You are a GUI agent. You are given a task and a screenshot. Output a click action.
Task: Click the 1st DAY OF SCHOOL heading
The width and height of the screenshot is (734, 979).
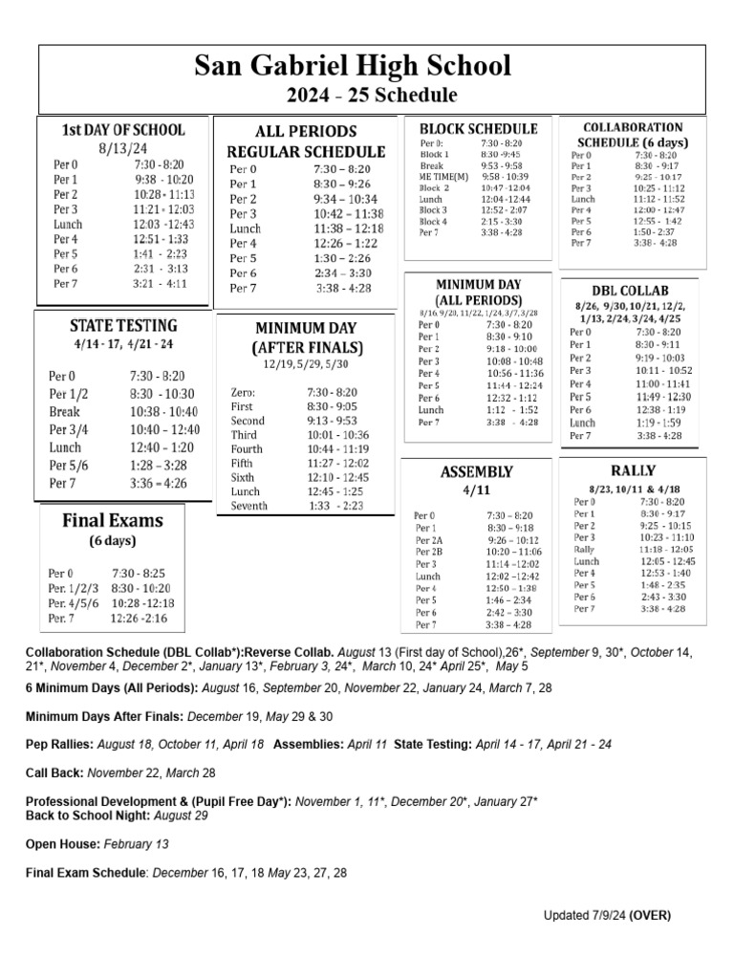(123, 130)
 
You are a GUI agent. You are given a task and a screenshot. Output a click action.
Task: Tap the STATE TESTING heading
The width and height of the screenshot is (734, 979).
(124, 325)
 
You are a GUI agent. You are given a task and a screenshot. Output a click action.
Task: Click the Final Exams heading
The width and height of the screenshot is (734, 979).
(113, 521)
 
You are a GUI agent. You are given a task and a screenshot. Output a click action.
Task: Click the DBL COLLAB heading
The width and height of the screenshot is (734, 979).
(630, 290)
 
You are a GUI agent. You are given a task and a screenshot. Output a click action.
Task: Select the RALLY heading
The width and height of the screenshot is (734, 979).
(632, 471)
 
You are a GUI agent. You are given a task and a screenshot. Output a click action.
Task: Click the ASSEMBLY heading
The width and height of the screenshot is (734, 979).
(476, 472)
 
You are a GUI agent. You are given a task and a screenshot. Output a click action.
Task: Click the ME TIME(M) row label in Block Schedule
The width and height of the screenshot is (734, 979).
(444, 177)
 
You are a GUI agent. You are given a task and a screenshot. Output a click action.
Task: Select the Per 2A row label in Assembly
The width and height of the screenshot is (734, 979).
(430, 540)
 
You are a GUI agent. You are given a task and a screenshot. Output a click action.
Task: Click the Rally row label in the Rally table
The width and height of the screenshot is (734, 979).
(584, 550)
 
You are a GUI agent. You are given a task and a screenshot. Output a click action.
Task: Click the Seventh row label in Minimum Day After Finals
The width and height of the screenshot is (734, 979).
(249, 506)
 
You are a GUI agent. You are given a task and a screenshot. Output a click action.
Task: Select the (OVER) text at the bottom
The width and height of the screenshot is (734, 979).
(650, 915)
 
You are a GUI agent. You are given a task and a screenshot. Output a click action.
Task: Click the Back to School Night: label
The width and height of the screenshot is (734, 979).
(91, 816)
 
